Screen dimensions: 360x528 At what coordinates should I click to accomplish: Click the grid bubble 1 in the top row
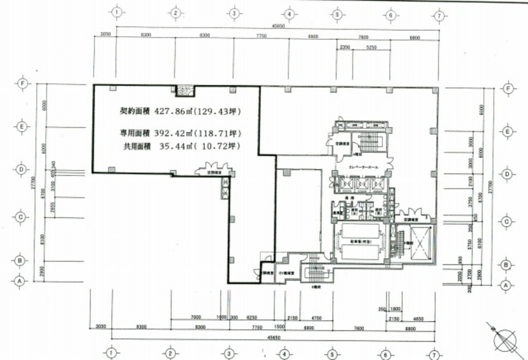[x=117, y=13]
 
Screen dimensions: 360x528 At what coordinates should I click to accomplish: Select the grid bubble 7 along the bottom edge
[x=435, y=353]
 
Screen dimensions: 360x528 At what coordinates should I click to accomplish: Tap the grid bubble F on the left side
[x=21, y=83]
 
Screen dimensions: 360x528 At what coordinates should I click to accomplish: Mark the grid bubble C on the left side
[x=19, y=217]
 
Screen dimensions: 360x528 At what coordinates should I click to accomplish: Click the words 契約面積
[x=135, y=112]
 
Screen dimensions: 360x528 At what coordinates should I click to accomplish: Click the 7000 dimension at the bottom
[x=196, y=317]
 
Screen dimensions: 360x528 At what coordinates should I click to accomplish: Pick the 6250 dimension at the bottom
[x=252, y=317]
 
